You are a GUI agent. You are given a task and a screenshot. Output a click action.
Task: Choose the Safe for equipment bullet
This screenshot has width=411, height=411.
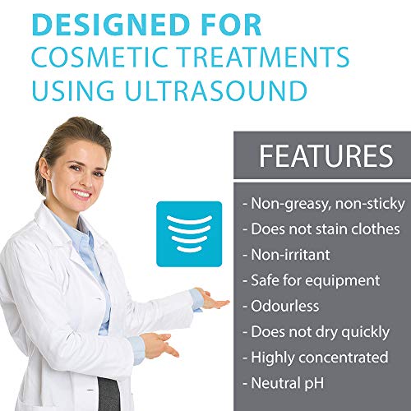311,280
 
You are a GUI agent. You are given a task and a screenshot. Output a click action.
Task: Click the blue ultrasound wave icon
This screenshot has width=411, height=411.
189,233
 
